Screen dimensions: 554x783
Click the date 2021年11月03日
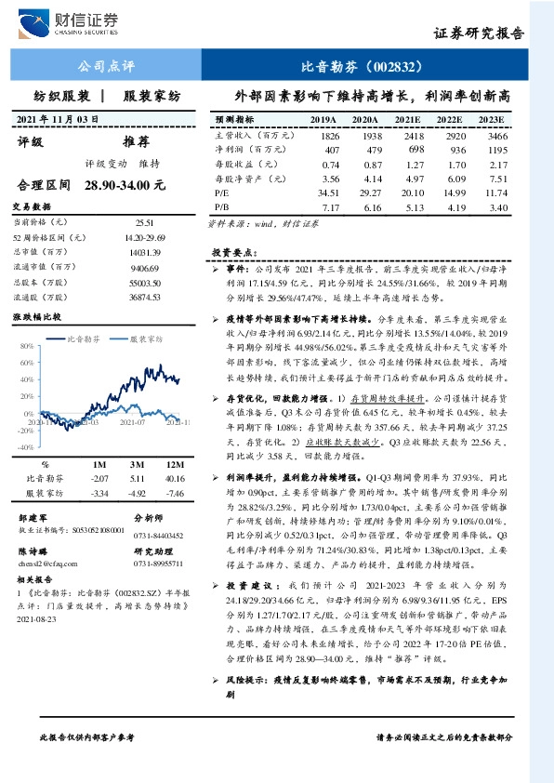(x=59, y=120)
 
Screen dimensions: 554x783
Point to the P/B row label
(x=222, y=206)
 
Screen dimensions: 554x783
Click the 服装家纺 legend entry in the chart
(x=150, y=340)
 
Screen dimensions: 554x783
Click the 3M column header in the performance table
(x=136, y=463)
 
